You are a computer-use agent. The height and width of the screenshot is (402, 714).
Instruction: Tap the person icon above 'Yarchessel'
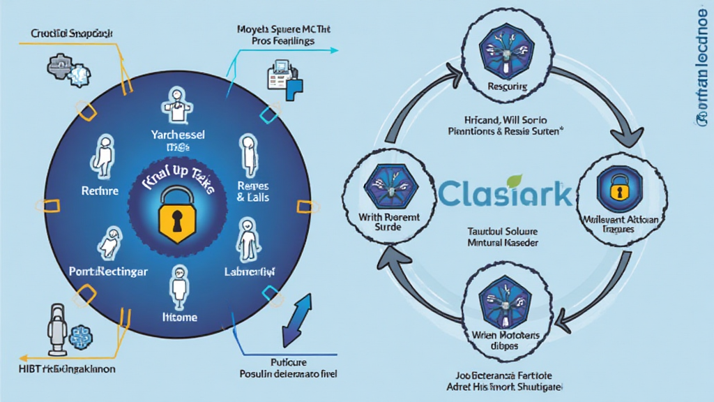[x=175, y=105]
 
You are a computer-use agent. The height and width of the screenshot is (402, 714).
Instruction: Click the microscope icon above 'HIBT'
[x=56, y=328]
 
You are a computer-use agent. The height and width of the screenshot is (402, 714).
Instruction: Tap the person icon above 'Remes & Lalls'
[x=247, y=153]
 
